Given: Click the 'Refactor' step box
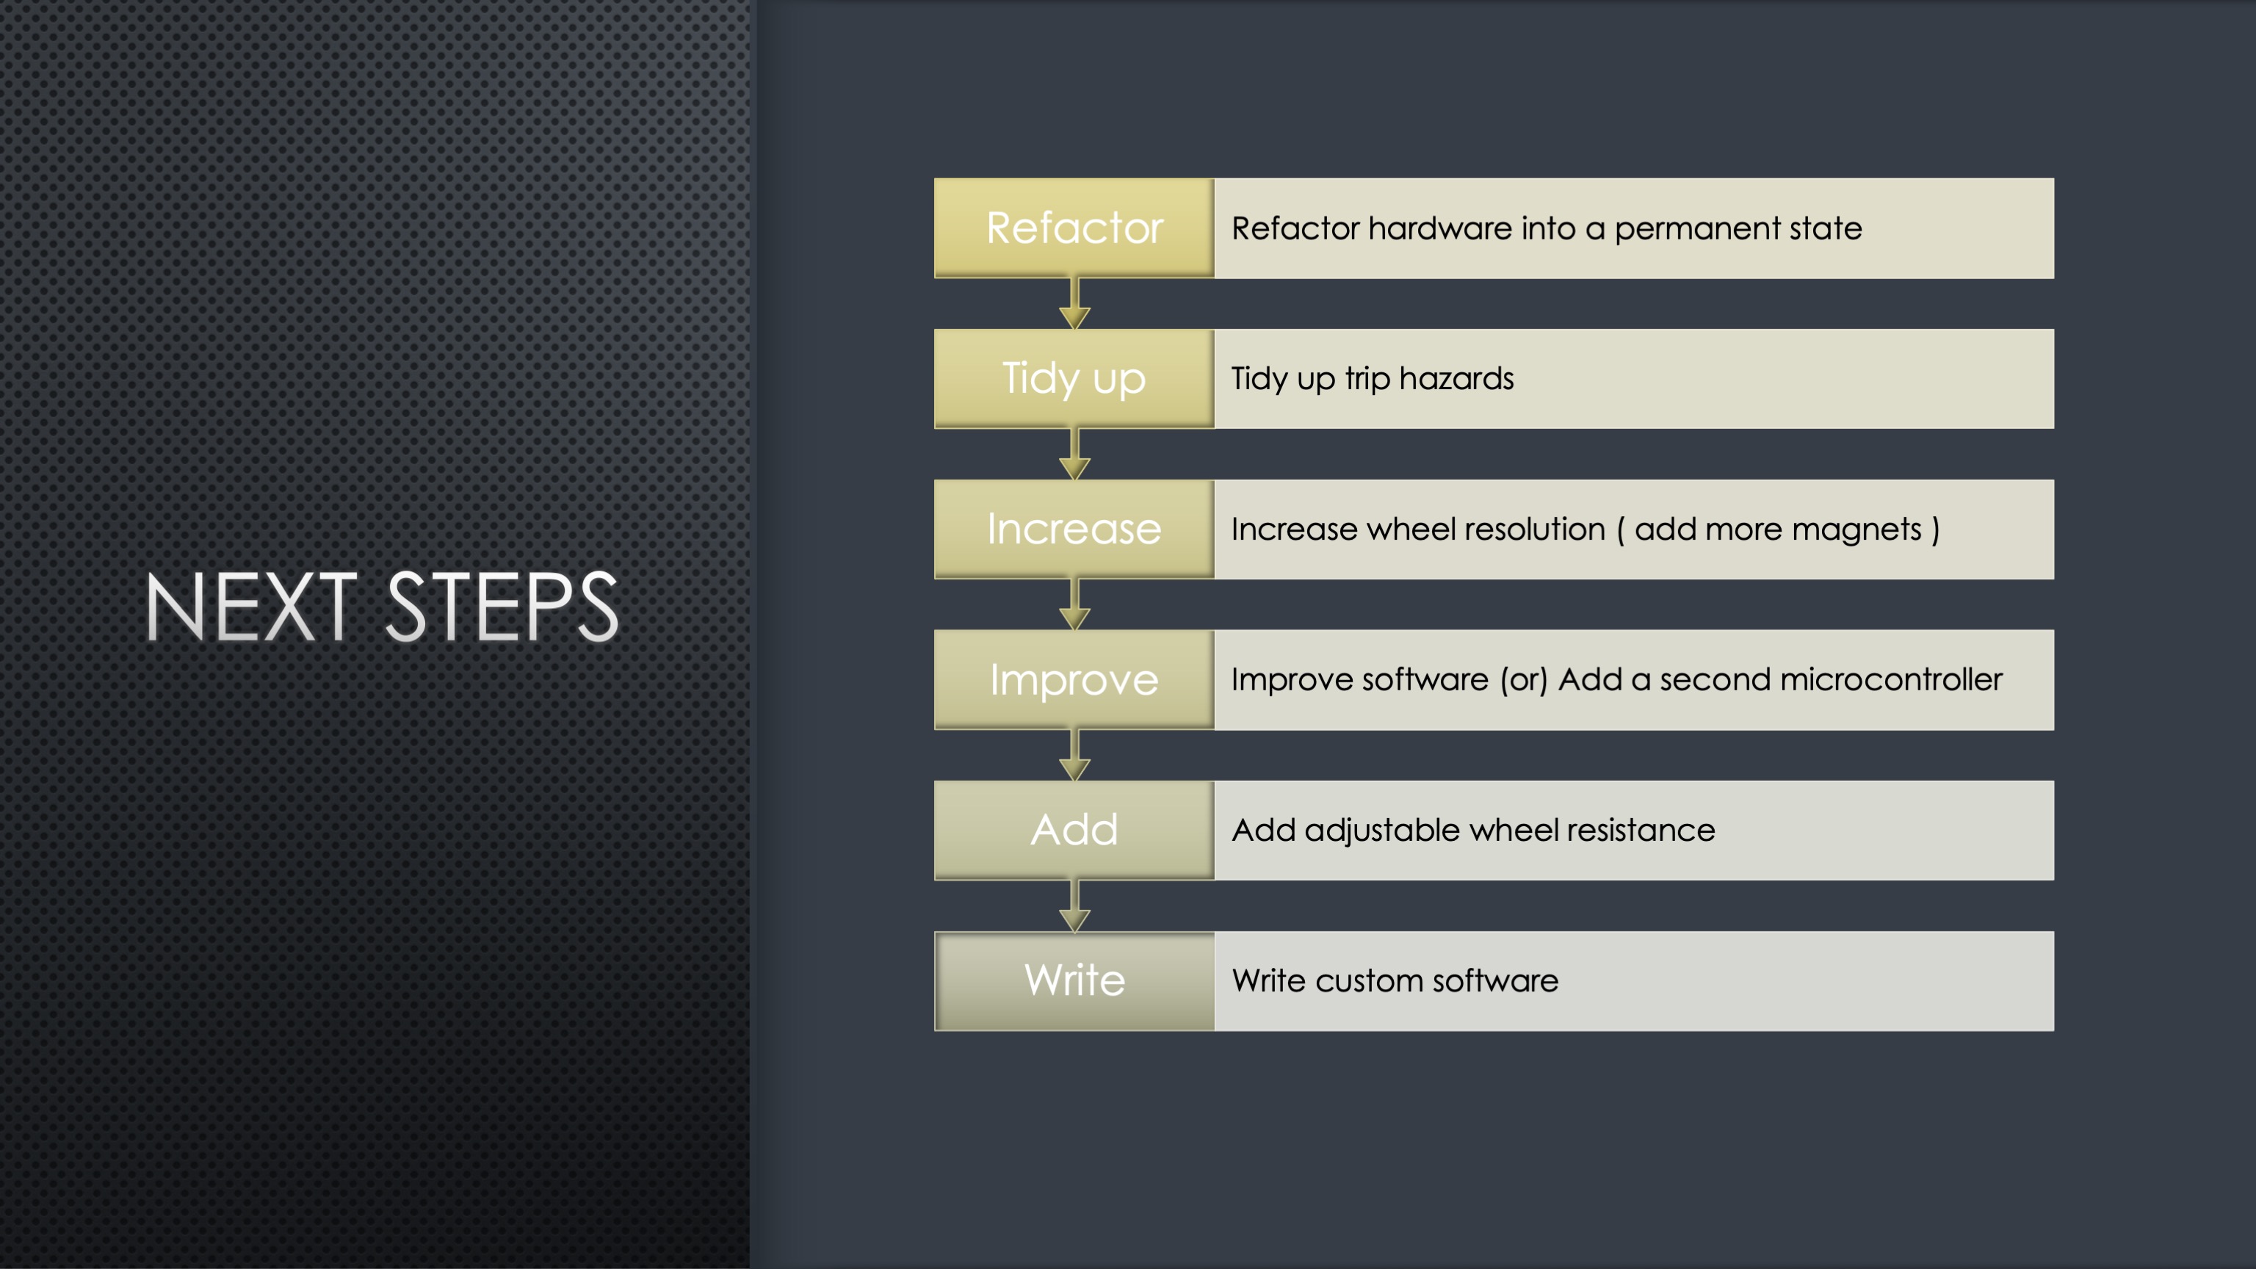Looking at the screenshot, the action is point(1074,228).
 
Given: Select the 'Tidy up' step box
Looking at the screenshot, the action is point(1074,378).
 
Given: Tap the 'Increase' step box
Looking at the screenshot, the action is point(1074,529).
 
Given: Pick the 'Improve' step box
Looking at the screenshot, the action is point(1074,679).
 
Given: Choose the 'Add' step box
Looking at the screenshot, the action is point(1074,831).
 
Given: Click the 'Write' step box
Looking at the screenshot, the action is point(1074,981).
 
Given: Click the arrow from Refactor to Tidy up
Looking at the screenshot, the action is point(1074,304).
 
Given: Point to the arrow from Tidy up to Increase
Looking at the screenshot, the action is point(1074,455).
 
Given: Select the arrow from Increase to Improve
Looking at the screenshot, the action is point(1074,605).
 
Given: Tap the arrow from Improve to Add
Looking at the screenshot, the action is point(1074,756).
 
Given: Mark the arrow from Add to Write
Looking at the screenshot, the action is point(1074,906).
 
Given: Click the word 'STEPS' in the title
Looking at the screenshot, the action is point(502,607).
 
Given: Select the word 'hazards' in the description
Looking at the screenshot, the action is point(1456,378).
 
